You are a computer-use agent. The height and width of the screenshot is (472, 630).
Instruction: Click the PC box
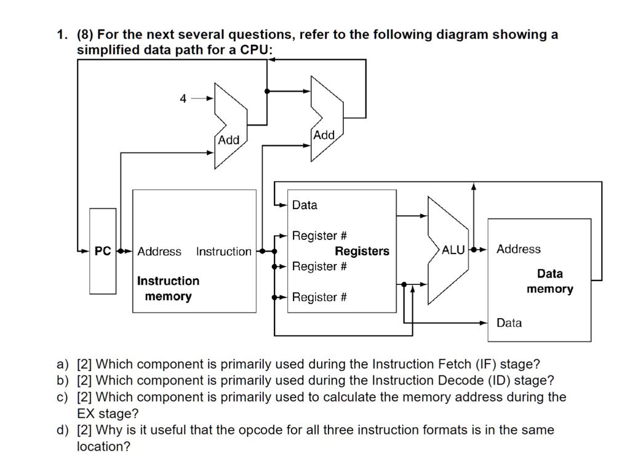[x=102, y=251]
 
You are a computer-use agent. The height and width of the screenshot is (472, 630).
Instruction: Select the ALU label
[x=453, y=250]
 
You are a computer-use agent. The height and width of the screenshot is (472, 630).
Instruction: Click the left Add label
[x=229, y=140]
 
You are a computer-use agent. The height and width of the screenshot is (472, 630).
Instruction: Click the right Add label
[x=324, y=135]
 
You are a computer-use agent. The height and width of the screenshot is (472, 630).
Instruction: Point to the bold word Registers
[x=362, y=251]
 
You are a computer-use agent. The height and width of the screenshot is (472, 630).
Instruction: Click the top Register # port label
[x=319, y=236]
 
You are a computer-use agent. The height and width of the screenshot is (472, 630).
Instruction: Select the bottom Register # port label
[x=319, y=297]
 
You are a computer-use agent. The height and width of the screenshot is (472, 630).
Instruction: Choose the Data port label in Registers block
[x=305, y=205]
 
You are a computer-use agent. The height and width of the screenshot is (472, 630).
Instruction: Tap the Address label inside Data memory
[x=519, y=249]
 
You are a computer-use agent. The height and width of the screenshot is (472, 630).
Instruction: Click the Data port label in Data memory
[x=509, y=322]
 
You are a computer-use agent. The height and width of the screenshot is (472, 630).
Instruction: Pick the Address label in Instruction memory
[x=159, y=251]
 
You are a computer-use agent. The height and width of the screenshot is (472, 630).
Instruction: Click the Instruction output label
[x=223, y=251]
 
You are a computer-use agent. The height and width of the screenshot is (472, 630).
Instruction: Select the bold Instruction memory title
[x=168, y=289]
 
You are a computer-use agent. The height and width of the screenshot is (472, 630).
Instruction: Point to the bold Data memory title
[x=549, y=281]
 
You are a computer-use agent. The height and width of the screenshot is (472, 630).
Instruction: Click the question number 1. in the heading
[x=62, y=34]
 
